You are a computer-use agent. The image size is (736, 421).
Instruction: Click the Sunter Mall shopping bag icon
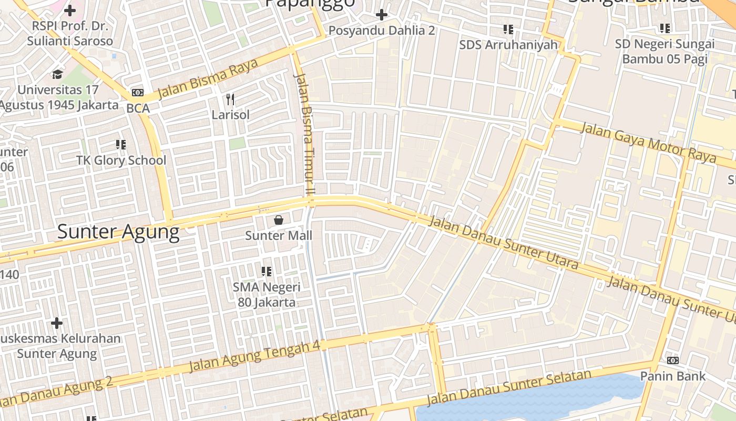point(279,220)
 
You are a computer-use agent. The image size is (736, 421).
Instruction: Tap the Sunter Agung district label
point(118,232)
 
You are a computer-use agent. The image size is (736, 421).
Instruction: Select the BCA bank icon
point(138,93)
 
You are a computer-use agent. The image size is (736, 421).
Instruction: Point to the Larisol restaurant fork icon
point(230,99)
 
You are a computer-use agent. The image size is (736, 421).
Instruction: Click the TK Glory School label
point(121,161)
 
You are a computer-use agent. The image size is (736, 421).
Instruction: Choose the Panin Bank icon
point(672,361)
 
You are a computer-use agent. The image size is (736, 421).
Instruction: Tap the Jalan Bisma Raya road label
point(208,79)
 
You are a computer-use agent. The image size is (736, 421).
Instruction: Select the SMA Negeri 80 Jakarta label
point(267,295)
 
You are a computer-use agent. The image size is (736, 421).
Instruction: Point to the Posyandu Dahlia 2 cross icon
point(382,15)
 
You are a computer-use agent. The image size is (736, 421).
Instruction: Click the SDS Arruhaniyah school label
point(508,45)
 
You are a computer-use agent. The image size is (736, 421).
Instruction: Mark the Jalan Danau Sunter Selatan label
point(509,387)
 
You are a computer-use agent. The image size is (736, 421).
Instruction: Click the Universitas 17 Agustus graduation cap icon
point(57,74)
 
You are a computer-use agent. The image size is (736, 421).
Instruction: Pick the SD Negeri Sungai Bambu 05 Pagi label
point(665,51)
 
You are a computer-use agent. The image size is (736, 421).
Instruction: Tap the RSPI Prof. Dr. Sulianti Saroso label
point(70,33)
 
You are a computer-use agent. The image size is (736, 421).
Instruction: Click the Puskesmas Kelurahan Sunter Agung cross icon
point(57,323)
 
